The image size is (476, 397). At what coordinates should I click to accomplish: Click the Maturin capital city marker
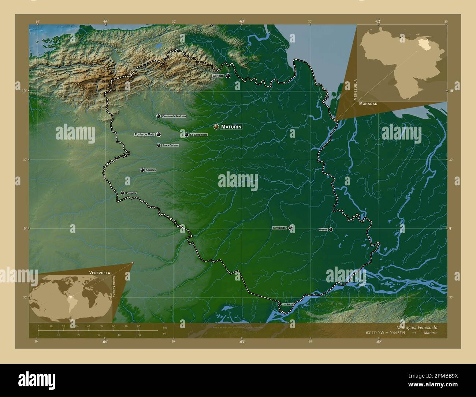coord(216,127)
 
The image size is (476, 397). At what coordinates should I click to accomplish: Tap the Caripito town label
coord(218,76)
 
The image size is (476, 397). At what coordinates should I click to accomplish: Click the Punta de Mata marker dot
coord(159,134)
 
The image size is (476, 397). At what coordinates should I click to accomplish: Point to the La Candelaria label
coord(198,135)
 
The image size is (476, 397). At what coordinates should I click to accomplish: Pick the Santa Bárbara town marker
coord(159,145)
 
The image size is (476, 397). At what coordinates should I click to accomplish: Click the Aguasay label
coord(151,170)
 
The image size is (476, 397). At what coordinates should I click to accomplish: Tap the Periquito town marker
coord(123,193)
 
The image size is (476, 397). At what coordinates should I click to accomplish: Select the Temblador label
coord(279,228)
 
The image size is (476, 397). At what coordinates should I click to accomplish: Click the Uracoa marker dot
coord(331,230)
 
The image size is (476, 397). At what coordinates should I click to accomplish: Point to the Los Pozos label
coord(288,304)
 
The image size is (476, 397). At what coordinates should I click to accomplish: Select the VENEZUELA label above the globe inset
coord(100,273)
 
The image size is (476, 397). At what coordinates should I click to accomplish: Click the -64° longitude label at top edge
coord(105,21)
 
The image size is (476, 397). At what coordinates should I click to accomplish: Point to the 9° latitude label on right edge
coord(450,228)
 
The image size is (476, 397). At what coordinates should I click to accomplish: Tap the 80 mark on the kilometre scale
coord(138,326)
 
